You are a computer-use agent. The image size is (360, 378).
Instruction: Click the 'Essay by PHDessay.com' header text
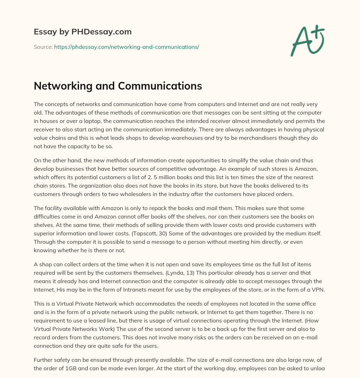83,32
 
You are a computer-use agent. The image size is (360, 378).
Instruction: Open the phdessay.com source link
127,47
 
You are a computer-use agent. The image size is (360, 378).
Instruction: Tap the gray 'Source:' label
43,47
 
